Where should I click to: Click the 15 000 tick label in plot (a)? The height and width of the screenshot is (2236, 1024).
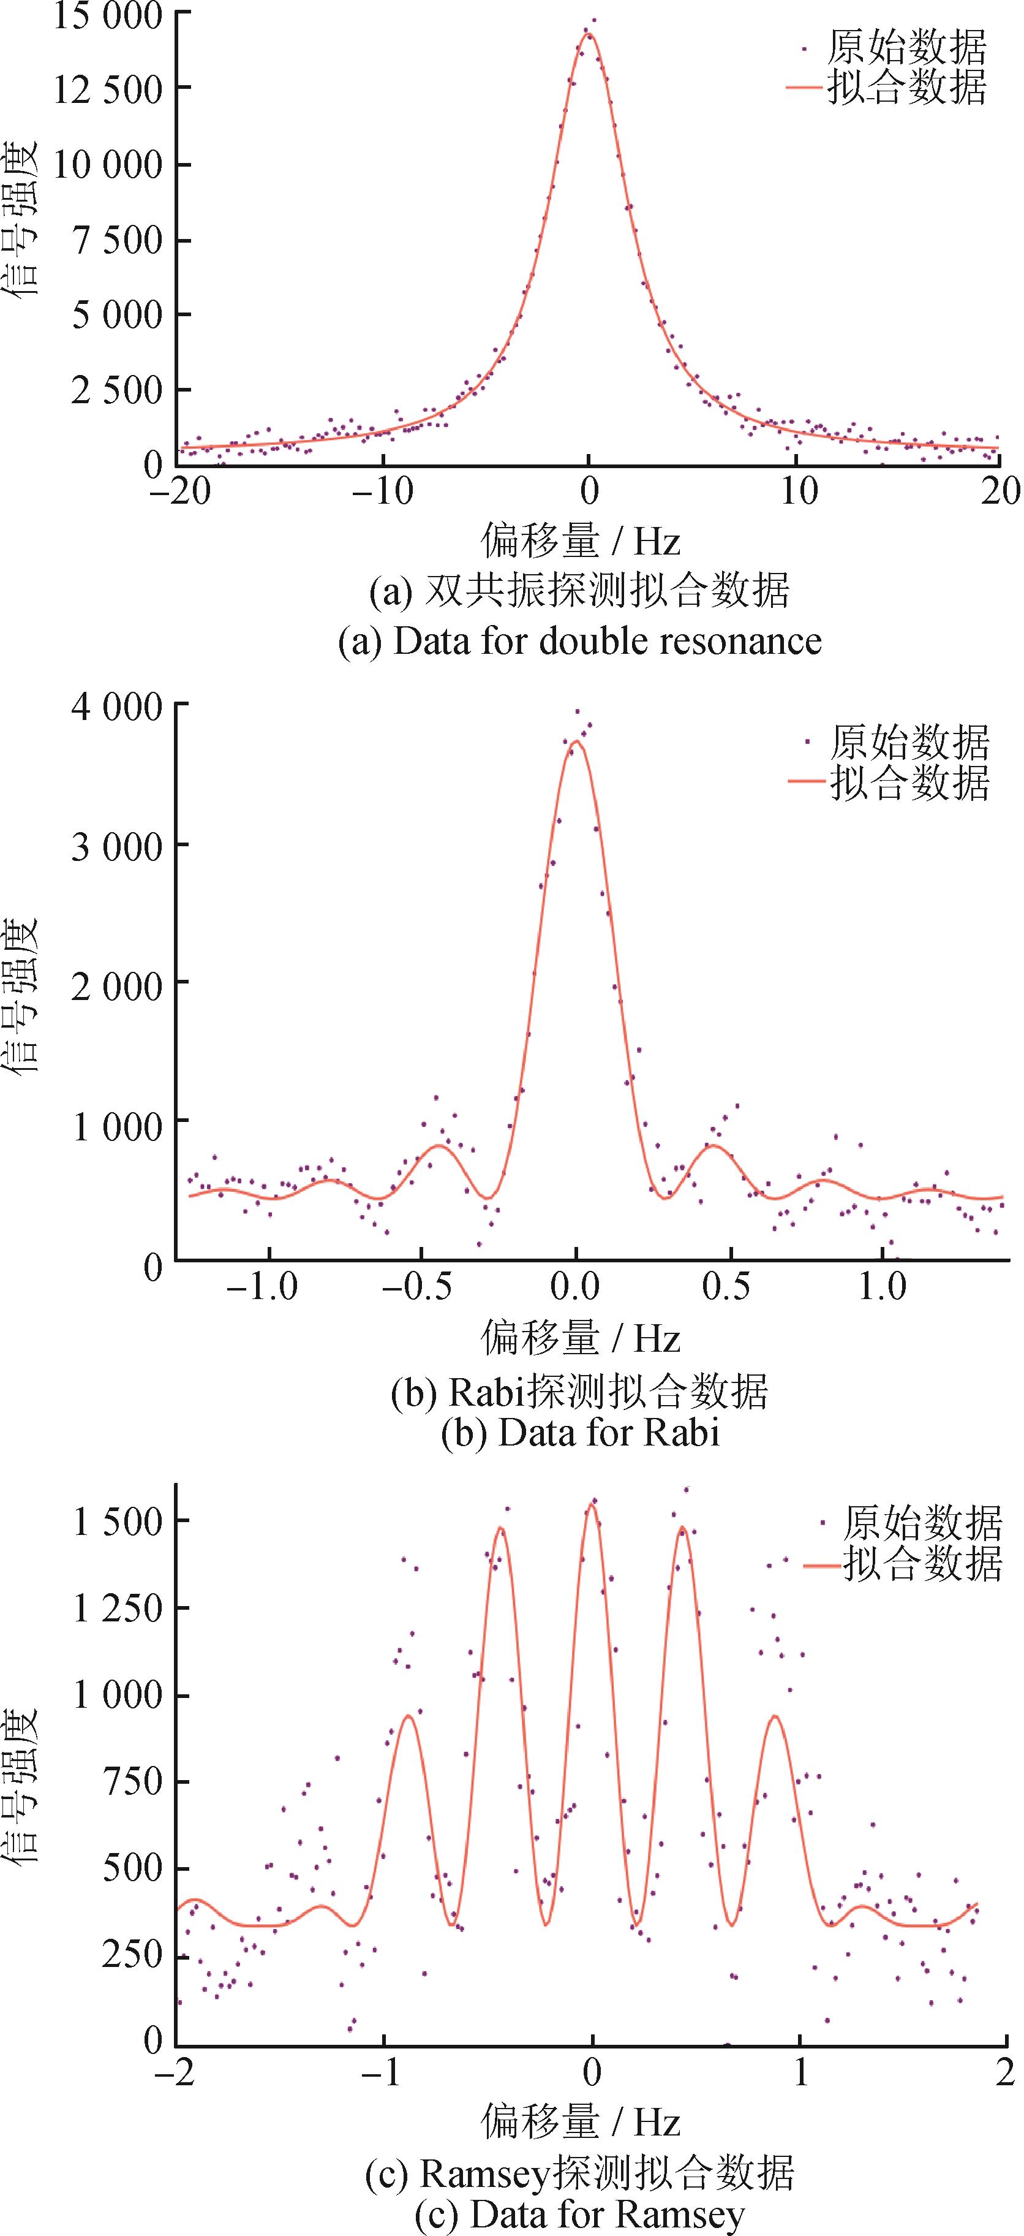pos(108,15)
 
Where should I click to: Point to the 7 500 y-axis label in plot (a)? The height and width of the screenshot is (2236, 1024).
pos(118,240)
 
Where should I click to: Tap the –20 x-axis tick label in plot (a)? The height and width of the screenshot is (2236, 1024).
pos(179,492)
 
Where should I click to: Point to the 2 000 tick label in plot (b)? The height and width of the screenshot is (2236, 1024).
pos(117,987)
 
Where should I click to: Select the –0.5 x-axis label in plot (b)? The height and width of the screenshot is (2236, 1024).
pos(416,1286)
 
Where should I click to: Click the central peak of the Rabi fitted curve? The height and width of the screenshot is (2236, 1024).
pos(575,741)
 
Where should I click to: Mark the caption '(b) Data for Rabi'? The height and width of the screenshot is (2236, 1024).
pos(580,1432)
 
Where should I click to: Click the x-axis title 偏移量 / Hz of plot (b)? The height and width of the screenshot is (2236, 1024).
pos(580,1338)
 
